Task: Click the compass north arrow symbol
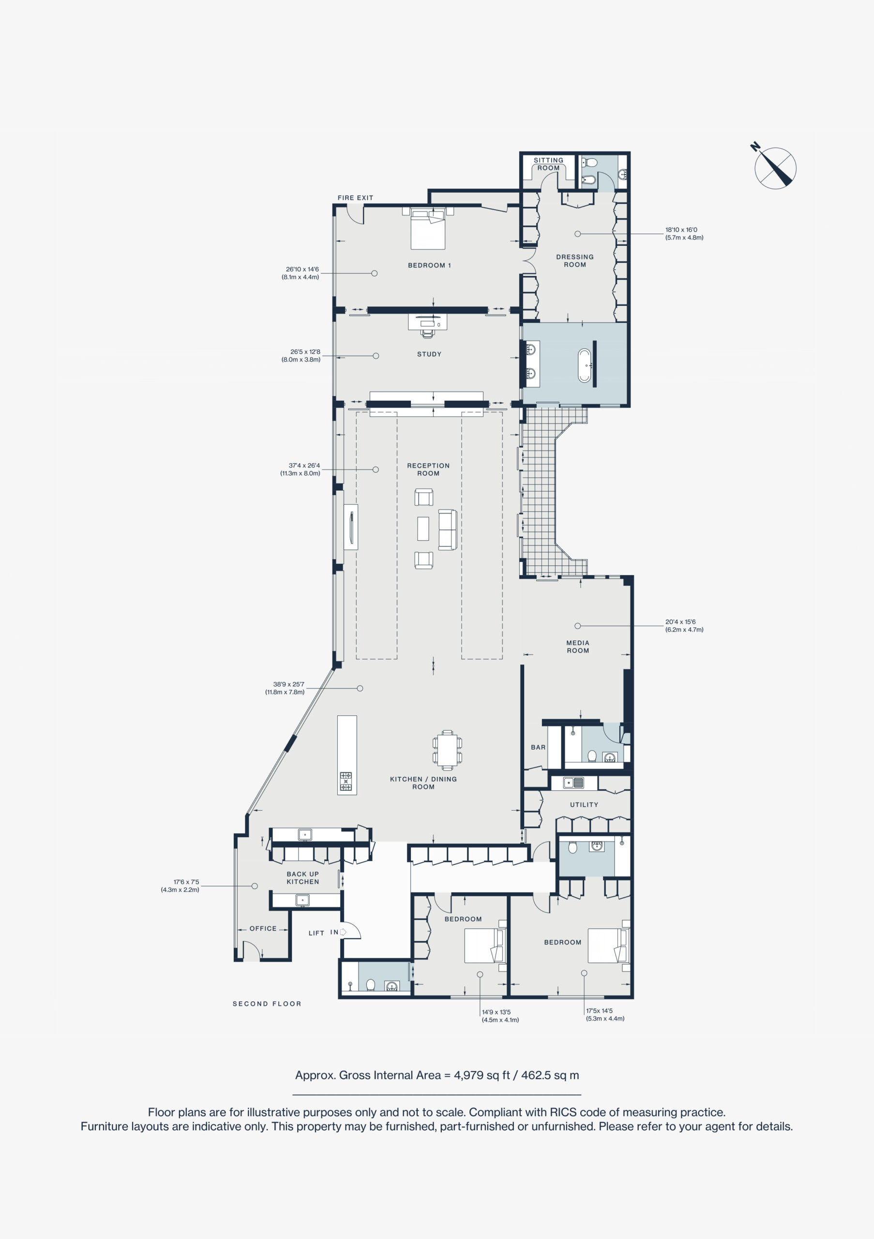point(775,167)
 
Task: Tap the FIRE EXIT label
point(355,197)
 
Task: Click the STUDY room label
point(429,354)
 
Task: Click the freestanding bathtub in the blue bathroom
point(584,365)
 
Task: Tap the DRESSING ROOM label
point(574,261)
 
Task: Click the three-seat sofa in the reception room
point(447,529)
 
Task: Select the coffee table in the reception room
point(423,529)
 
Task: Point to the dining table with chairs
point(447,750)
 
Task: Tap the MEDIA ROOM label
point(578,647)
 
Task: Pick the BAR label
point(538,747)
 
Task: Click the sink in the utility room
point(573,783)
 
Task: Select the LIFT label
point(316,933)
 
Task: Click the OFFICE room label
point(263,928)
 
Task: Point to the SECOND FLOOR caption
point(267,1004)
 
